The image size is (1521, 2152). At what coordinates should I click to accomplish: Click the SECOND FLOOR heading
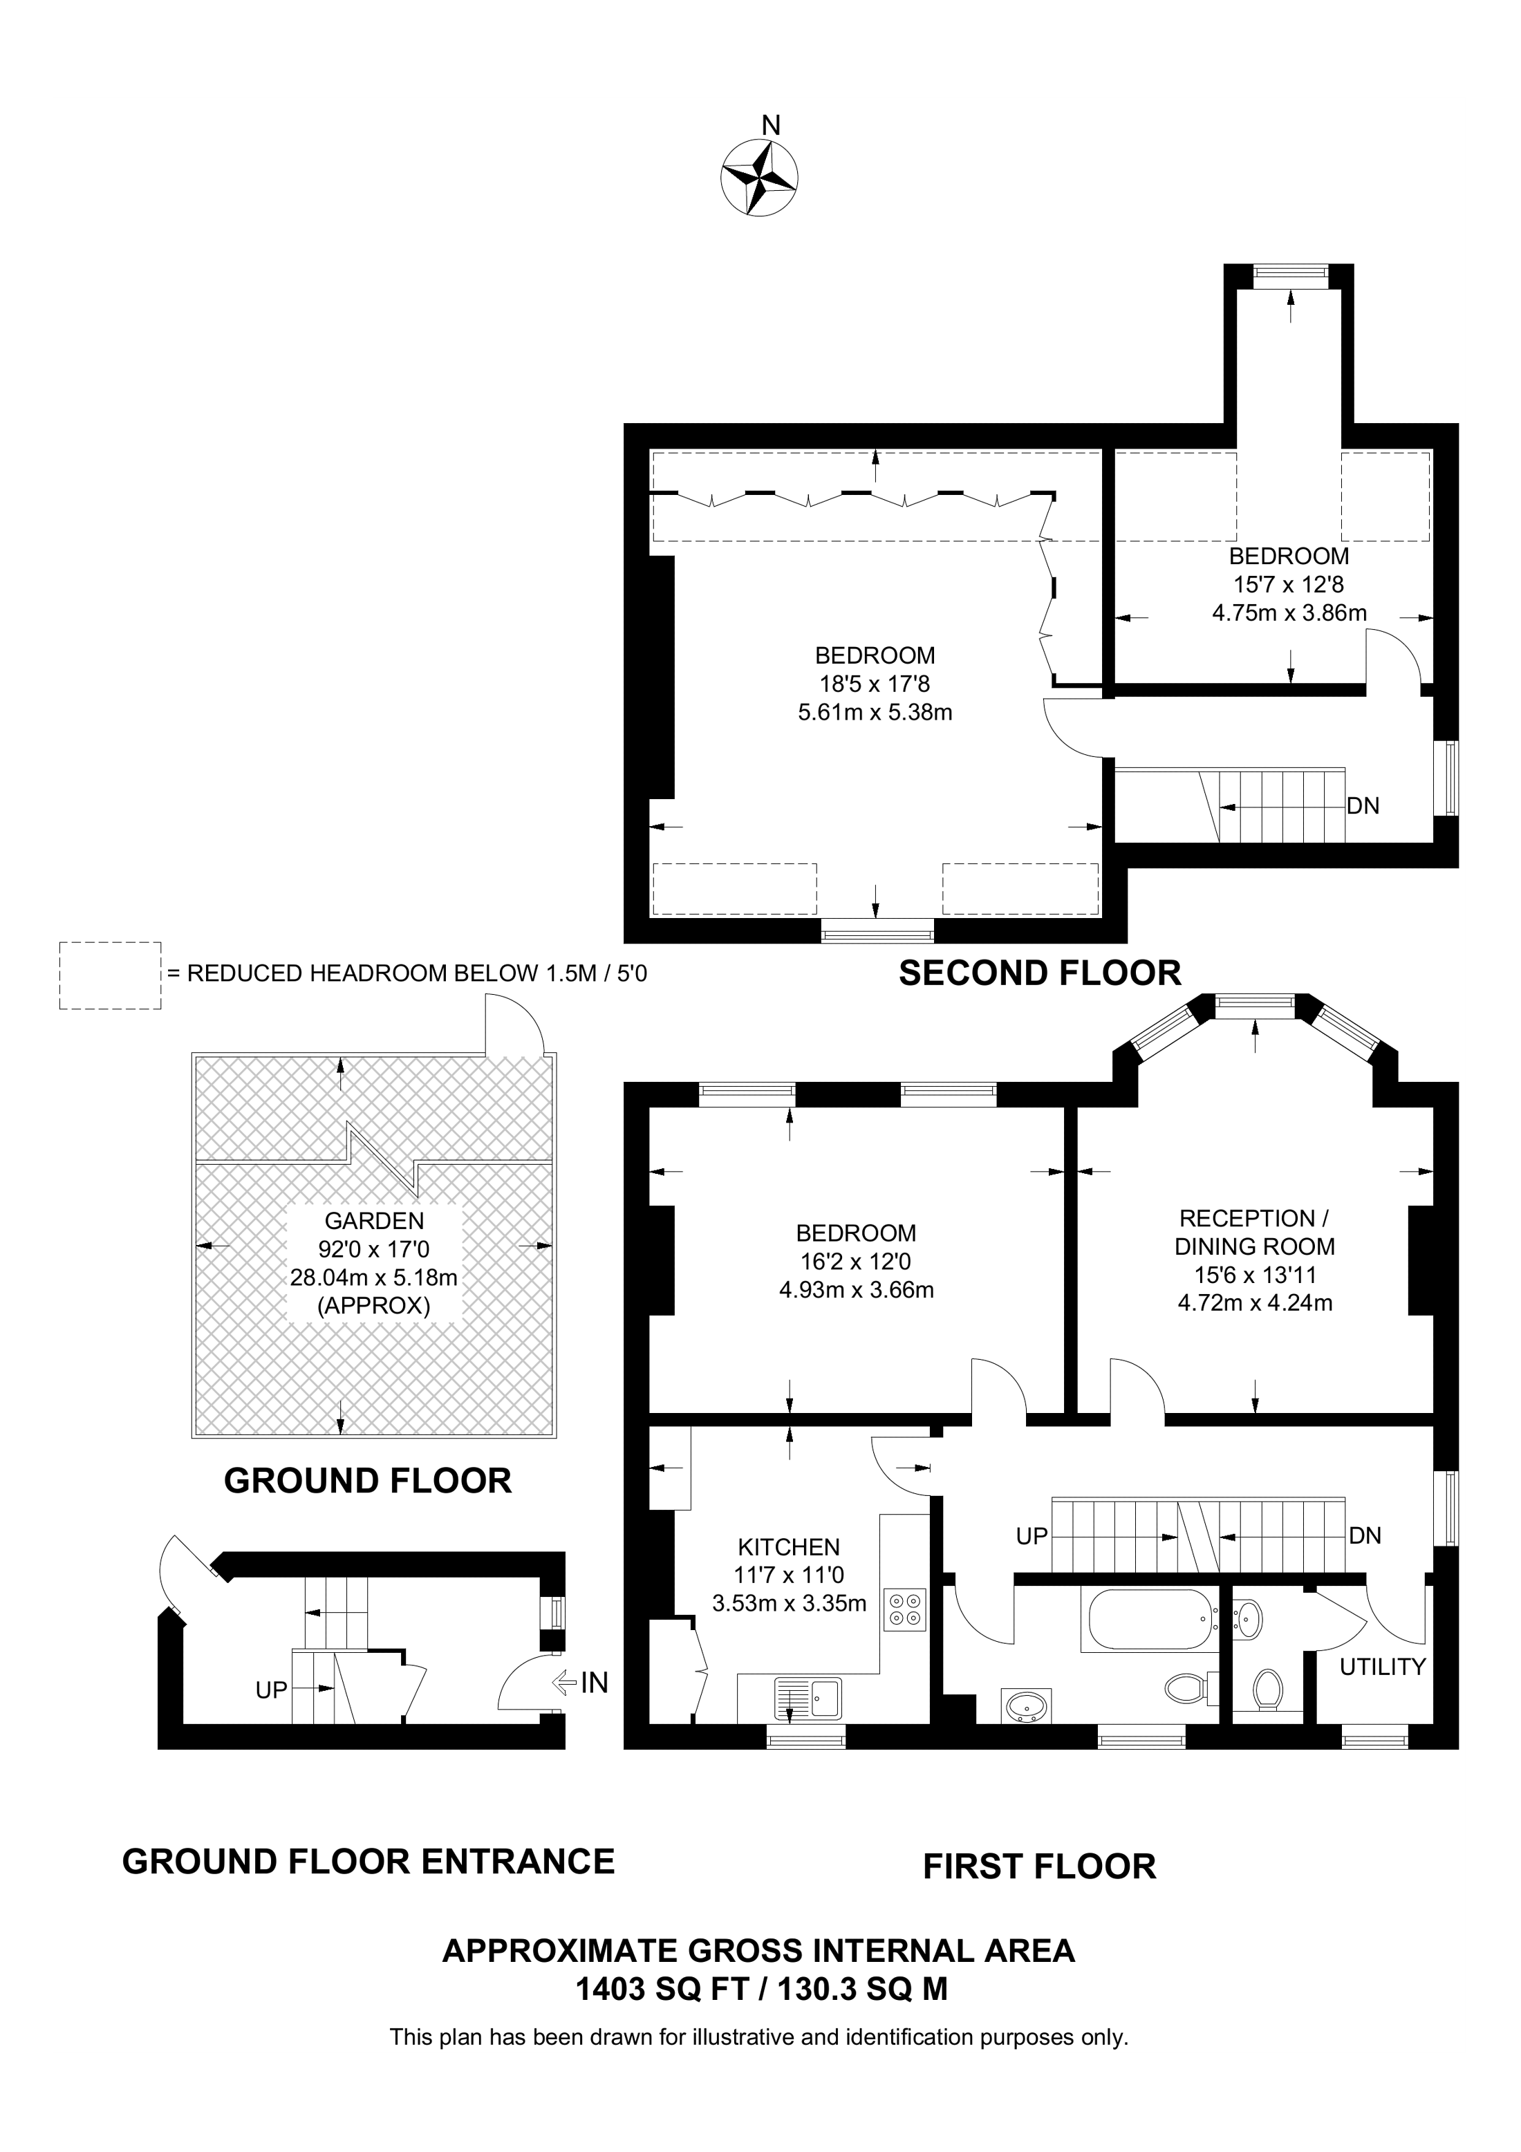tap(1039, 973)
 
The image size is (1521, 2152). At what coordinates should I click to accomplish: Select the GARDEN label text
tap(374, 1220)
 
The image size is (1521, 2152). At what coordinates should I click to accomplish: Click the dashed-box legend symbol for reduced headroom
tap(110, 975)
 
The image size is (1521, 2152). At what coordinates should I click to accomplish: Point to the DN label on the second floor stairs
tap(1363, 805)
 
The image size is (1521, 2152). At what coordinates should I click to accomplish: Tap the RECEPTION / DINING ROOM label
tap(1254, 1232)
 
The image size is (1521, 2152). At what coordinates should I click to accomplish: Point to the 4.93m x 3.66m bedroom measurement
tap(856, 1290)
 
